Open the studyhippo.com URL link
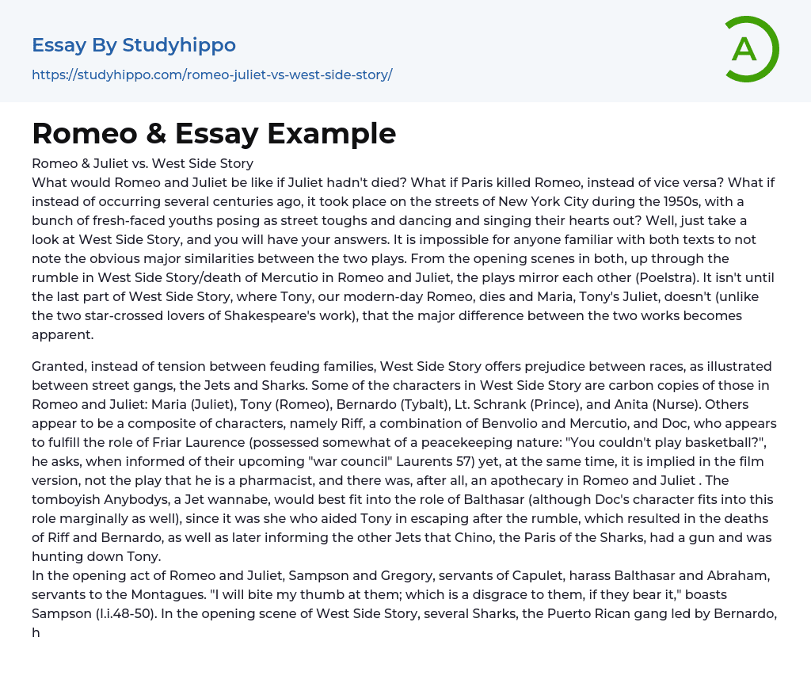coord(211,74)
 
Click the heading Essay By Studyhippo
coord(133,45)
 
